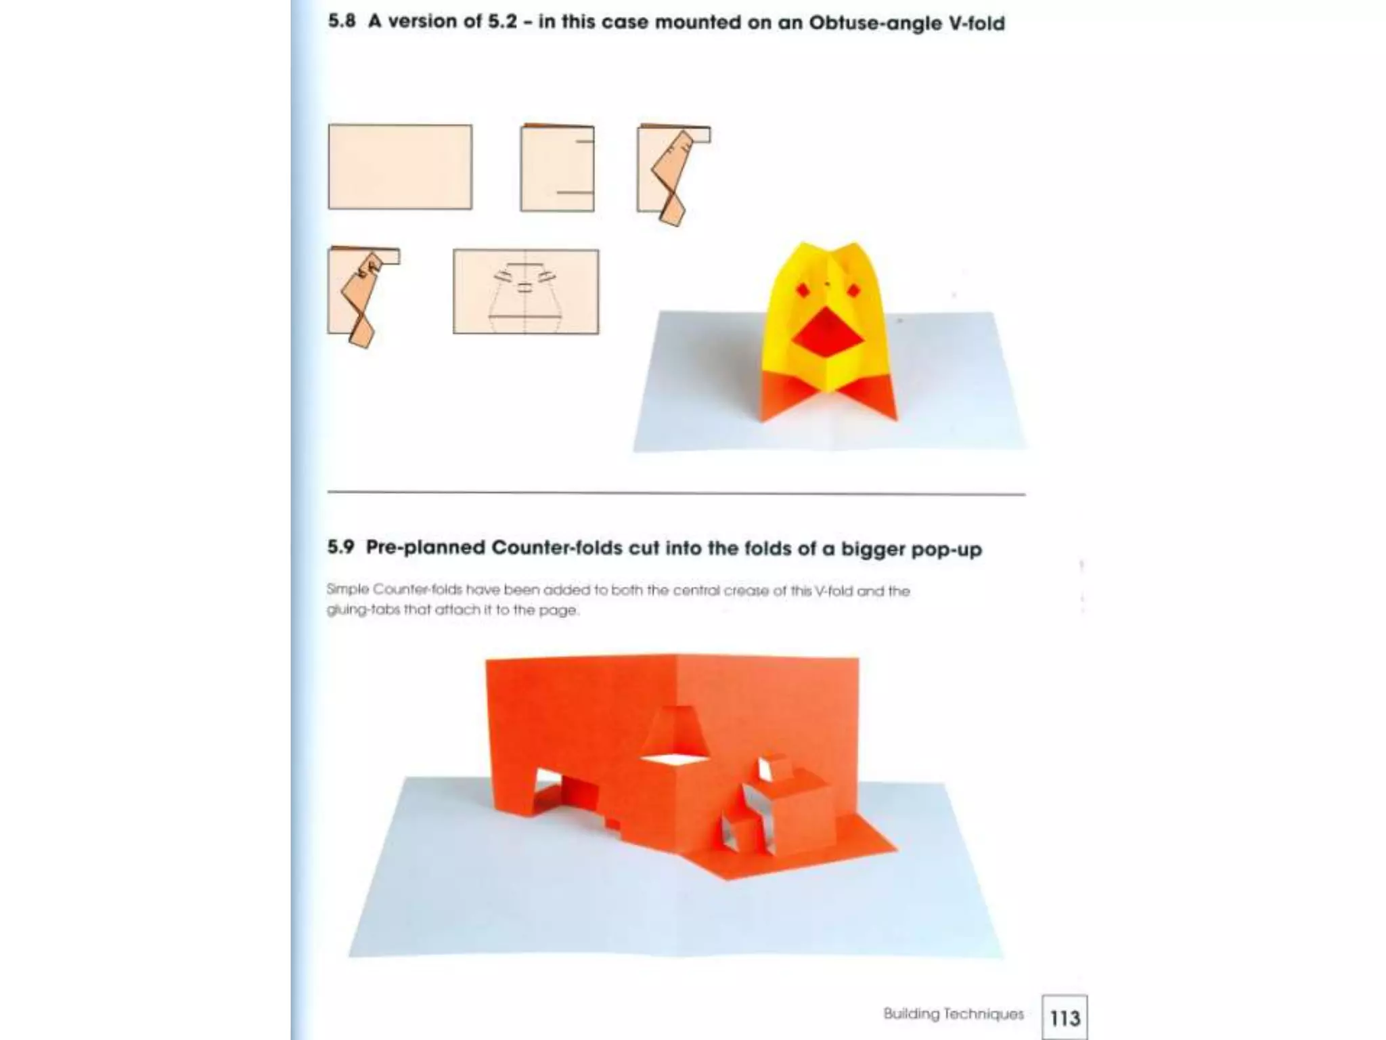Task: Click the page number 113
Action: point(1065,1018)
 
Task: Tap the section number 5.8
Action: point(342,21)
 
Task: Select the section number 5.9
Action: point(340,547)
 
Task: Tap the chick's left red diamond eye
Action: point(802,290)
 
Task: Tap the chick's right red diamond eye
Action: point(854,290)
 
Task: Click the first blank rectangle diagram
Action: point(400,167)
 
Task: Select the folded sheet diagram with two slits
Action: point(557,169)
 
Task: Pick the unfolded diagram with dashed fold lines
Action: point(526,292)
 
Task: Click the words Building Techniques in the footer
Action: point(953,1014)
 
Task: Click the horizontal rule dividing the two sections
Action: point(676,494)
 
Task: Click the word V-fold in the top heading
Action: point(976,23)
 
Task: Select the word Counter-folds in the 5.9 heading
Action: point(556,548)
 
